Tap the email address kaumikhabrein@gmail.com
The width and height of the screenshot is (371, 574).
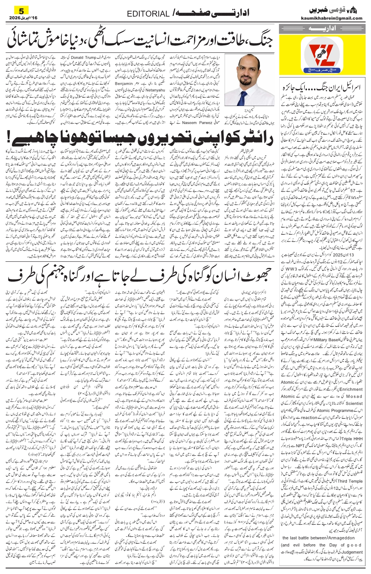point(336,18)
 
